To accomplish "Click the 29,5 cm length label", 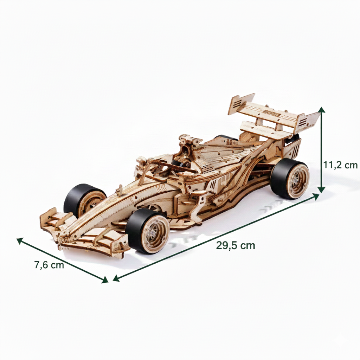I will point(235,245).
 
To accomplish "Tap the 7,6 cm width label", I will point(49,265).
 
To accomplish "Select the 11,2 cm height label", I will point(340,165).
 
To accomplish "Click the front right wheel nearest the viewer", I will point(148,231).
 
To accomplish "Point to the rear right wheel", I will point(290,179).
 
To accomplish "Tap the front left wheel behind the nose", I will point(84,200).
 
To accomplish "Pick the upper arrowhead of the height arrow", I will point(321,110).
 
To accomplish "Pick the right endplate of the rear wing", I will point(308,121).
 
